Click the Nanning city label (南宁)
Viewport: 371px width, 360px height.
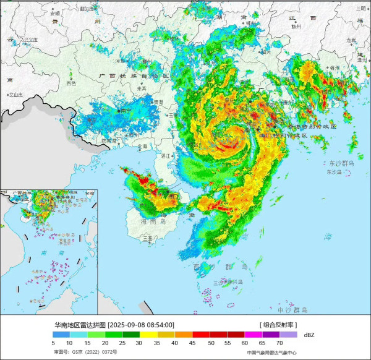(126, 110)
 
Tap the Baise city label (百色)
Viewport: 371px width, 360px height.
(71, 83)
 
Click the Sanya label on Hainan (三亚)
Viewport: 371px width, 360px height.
(147, 237)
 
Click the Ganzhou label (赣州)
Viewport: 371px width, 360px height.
(296, 27)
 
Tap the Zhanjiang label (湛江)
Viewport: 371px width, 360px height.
(166, 156)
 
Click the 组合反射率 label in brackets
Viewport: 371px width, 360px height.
(278, 324)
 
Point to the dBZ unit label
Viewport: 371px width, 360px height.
(309, 335)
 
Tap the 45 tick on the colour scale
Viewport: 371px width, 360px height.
(194, 342)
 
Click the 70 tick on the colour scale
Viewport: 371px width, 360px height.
(279, 342)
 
